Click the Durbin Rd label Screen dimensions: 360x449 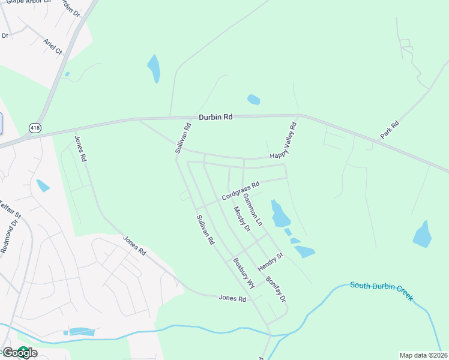click(x=215, y=118)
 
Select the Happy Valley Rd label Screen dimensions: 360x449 click(x=285, y=141)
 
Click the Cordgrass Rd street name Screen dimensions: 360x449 click(x=240, y=191)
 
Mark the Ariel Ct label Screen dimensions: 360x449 click(x=53, y=47)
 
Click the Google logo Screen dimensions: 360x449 click(x=19, y=353)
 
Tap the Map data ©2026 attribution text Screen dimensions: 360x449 click(x=423, y=355)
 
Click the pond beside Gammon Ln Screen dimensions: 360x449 click(x=279, y=214)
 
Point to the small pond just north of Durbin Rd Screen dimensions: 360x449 click(x=253, y=100)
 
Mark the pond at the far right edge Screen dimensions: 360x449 click(x=423, y=235)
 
